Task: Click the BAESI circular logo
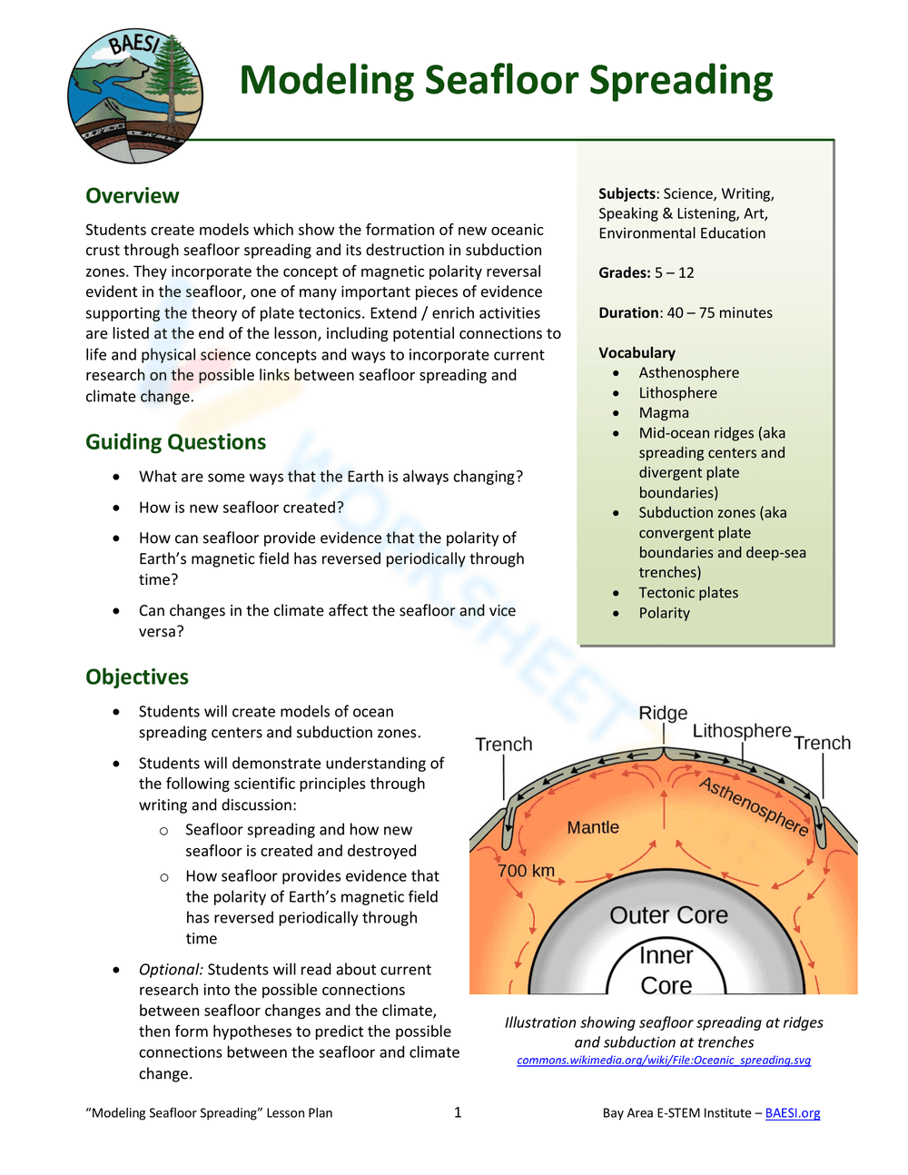(x=135, y=96)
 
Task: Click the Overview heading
(x=132, y=196)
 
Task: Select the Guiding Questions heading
(x=175, y=442)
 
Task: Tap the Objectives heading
(x=137, y=677)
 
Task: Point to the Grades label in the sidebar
(x=624, y=272)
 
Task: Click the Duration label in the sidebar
(x=629, y=312)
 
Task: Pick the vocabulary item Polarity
(x=664, y=613)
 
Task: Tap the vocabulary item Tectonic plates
(x=688, y=593)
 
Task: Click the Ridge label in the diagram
(x=663, y=713)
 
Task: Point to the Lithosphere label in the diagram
(x=742, y=731)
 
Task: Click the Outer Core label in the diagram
(x=668, y=915)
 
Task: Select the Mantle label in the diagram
(x=593, y=827)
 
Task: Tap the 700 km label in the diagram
(x=526, y=871)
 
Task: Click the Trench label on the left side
(x=504, y=745)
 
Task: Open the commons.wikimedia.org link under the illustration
(x=664, y=1061)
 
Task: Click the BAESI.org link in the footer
(x=793, y=1113)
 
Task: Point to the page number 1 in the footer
(x=458, y=1112)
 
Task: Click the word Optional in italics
(x=171, y=970)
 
